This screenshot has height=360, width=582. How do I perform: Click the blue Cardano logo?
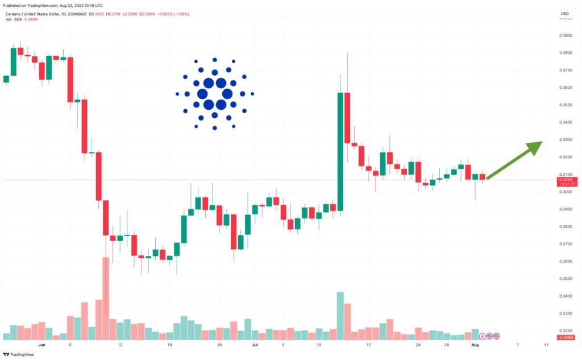tap(214, 93)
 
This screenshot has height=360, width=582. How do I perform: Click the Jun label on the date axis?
tap(41, 345)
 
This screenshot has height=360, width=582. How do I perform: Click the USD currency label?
tap(564, 13)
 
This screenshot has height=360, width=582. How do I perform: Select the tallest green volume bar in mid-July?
tap(340, 316)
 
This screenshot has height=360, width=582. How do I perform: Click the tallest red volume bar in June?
tap(106, 298)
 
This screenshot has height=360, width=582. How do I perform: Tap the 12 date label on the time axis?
tap(119, 345)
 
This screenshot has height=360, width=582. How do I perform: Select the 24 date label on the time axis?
tap(418, 345)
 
